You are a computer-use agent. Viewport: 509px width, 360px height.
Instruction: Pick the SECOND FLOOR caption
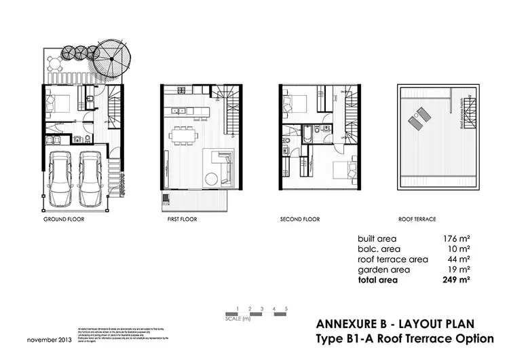click(x=300, y=221)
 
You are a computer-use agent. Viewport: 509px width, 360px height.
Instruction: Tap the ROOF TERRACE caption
click(x=417, y=221)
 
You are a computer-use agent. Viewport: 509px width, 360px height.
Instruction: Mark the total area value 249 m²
click(x=457, y=279)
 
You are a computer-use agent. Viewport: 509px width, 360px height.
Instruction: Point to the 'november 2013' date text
click(x=50, y=339)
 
